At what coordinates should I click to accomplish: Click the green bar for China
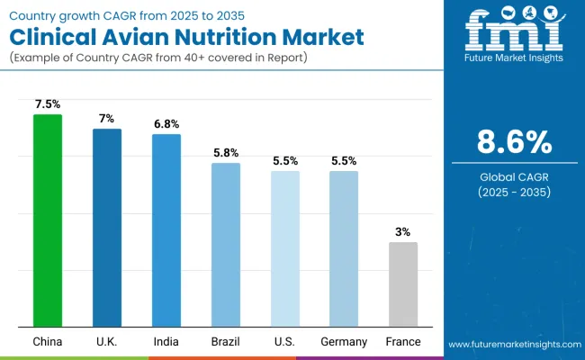click(x=48, y=220)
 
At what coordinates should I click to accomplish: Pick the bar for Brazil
click(x=226, y=245)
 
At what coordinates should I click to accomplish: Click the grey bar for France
click(x=402, y=284)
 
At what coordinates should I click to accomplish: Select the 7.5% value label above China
click(x=48, y=104)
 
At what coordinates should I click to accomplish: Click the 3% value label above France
click(x=402, y=231)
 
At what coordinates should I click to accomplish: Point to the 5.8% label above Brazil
click(x=226, y=153)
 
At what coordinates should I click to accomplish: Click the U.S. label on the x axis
click(x=284, y=342)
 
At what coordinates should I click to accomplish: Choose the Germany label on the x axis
click(x=343, y=342)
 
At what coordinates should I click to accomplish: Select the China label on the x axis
click(x=48, y=342)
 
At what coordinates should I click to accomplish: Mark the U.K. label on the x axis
click(x=107, y=342)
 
